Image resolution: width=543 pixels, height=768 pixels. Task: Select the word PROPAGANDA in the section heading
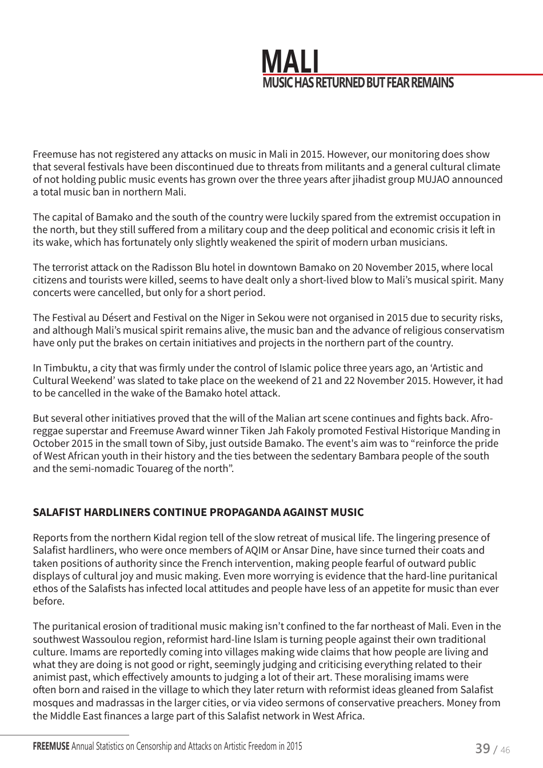click(x=249, y=512)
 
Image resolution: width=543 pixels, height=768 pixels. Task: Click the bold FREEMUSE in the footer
click(x=51, y=746)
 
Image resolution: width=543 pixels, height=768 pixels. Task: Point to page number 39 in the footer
click(x=482, y=748)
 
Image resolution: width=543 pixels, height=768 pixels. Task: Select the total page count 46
click(x=505, y=750)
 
